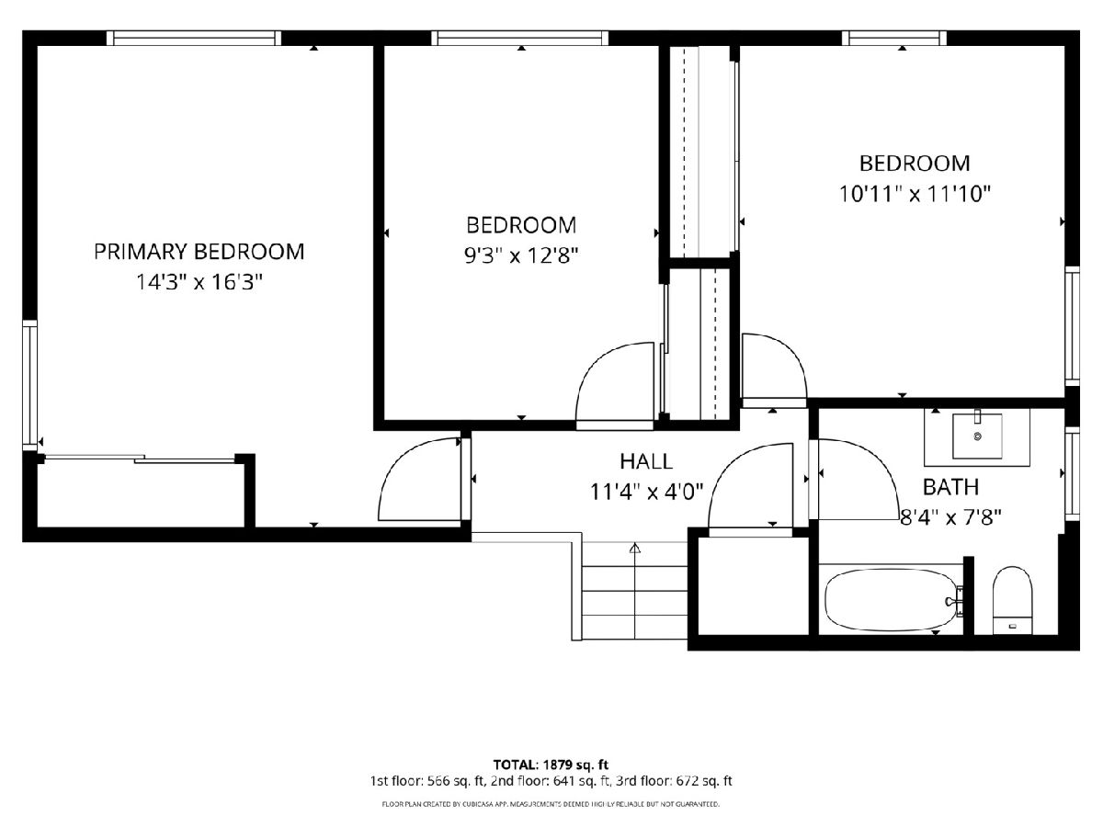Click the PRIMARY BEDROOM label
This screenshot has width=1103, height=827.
point(199,252)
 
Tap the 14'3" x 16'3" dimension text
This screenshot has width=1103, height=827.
point(199,282)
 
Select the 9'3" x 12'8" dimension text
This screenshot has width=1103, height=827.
point(521,256)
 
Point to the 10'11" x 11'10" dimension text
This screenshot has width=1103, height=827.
point(915,194)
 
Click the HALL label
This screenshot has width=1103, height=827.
point(646,461)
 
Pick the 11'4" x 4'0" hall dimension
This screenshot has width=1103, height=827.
point(646,493)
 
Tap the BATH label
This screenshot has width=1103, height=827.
point(950,487)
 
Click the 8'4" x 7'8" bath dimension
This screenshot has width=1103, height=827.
point(950,517)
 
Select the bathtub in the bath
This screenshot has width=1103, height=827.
point(893,601)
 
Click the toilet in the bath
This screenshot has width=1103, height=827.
point(1013,600)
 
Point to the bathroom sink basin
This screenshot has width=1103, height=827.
point(977,436)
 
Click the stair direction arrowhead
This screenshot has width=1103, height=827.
point(634,548)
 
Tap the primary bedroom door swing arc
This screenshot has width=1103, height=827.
point(397,461)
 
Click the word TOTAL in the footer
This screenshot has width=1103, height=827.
point(515,765)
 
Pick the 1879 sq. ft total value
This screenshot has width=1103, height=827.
point(575,765)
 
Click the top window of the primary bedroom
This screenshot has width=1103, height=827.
point(193,39)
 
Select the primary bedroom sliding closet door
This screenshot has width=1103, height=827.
point(141,459)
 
